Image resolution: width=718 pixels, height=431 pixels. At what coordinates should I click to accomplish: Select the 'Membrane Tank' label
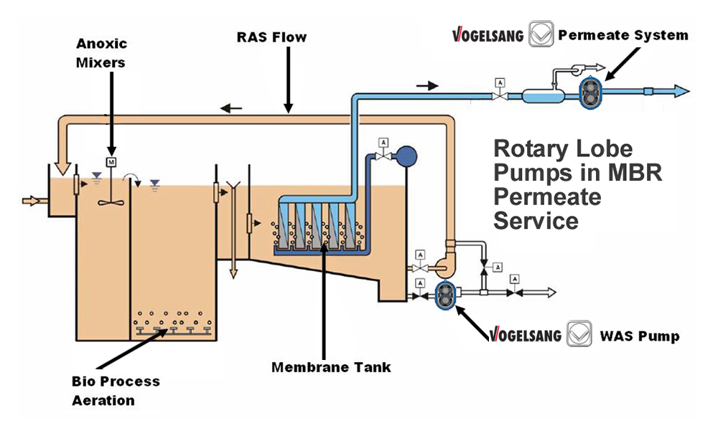(x=331, y=367)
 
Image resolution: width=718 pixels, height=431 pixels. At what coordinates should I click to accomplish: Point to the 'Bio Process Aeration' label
(x=116, y=390)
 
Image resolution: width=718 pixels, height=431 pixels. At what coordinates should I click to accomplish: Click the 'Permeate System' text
(x=623, y=34)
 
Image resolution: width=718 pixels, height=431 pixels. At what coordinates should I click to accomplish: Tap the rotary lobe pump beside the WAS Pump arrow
(x=446, y=294)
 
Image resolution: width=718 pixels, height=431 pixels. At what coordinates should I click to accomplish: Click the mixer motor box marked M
(x=111, y=162)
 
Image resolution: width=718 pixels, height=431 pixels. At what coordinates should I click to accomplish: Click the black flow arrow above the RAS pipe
(x=231, y=109)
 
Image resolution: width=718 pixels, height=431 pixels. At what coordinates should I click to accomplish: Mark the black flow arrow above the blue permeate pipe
(x=427, y=85)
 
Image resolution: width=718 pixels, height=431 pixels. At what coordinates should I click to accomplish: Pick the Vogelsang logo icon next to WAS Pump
(x=579, y=336)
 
